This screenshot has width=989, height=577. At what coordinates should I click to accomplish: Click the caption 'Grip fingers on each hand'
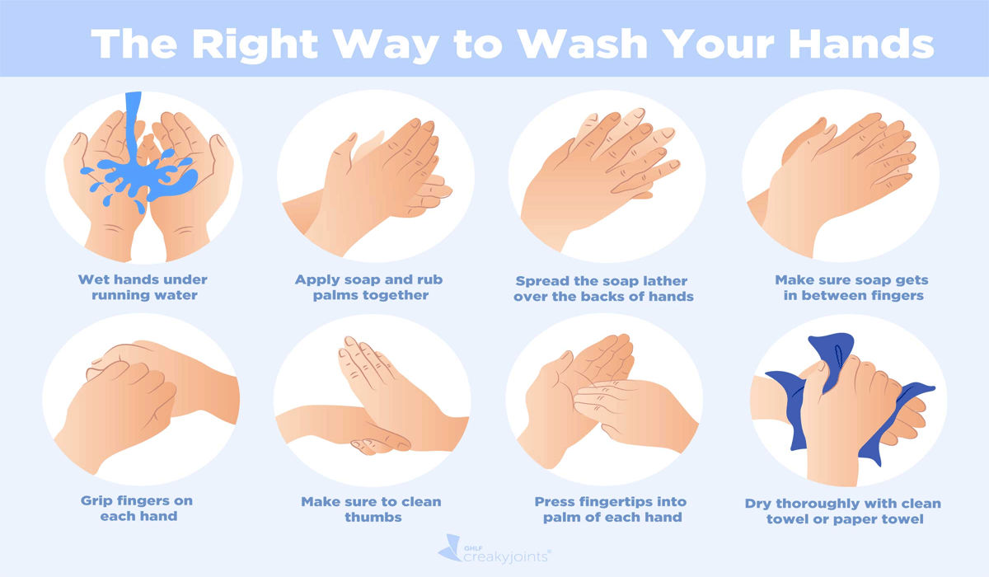pyautogui.click(x=138, y=509)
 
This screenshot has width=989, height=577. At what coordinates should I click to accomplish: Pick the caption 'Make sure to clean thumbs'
pyautogui.click(x=371, y=509)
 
